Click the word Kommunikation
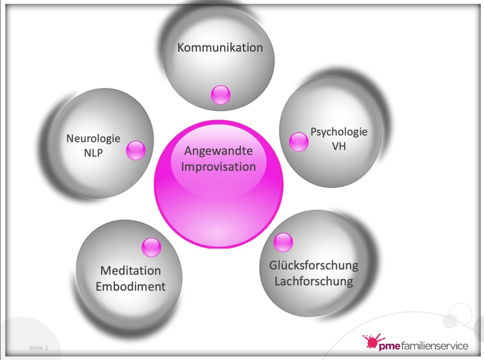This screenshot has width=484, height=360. point(220,48)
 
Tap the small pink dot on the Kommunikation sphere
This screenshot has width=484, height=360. point(220,95)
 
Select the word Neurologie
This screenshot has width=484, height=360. point(93,139)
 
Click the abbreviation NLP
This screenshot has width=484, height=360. point(93,153)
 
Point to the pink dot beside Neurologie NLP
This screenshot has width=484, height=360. point(136,150)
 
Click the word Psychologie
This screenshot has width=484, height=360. point(338,132)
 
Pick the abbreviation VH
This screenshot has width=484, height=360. point(338,147)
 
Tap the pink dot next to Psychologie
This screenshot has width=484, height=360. point(298,141)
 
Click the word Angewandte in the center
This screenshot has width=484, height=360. point(218,151)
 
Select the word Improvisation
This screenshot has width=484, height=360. point(218,167)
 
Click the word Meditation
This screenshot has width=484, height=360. point(130,271)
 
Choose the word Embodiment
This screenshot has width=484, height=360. point(130,287)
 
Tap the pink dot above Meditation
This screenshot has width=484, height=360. point(152,247)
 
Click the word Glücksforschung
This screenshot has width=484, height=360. point(314,265)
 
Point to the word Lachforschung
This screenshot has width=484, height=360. point(314,281)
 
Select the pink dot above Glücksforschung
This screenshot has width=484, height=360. point(283,243)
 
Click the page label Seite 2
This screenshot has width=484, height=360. point(39,348)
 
